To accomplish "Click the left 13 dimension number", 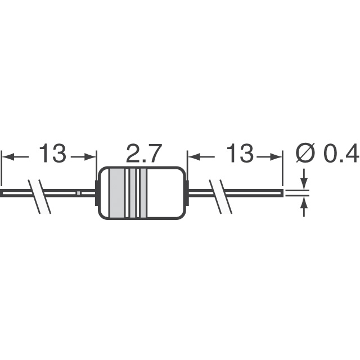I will [52, 154].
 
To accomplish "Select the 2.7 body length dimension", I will [143, 154].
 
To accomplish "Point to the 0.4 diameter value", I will [341, 154].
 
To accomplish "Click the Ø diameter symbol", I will [305, 154].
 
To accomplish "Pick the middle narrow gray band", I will [133, 193].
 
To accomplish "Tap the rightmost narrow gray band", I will [143, 193].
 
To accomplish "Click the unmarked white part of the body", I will [166, 193].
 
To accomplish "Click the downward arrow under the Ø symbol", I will [305, 183].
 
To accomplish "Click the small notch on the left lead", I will [79, 193].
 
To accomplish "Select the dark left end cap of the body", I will [99, 193].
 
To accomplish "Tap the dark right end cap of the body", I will [185, 193].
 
